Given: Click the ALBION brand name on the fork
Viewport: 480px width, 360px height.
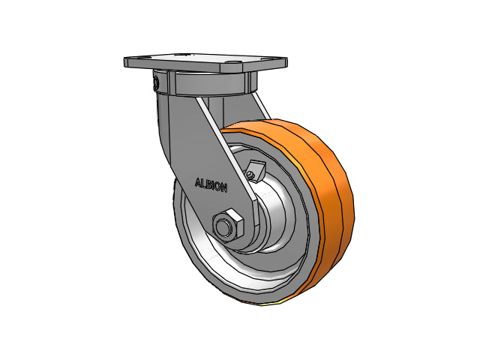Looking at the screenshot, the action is pyautogui.click(x=211, y=185).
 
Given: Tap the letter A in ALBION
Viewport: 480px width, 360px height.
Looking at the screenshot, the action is pyautogui.click(x=198, y=182).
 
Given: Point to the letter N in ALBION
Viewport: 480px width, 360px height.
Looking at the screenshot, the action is pyautogui.click(x=223, y=188).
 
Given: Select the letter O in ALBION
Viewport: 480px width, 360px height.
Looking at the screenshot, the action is pyautogui.click(x=218, y=187).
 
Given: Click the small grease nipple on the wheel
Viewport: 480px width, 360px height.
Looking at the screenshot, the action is pyautogui.click(x=250, y=175).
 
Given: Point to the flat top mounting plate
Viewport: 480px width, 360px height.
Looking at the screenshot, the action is pyautogui.click(x=205, y=63).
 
